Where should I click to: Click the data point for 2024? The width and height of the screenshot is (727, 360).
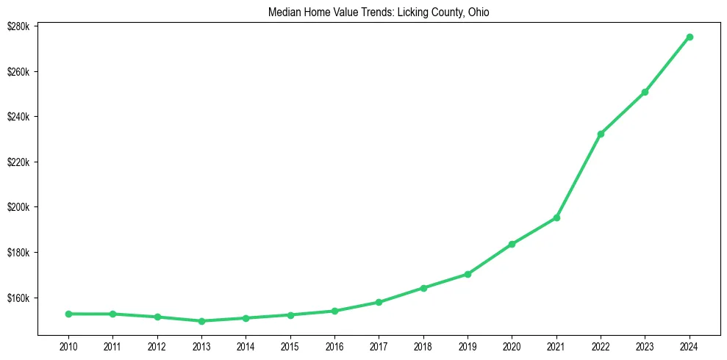pyautogui.click(x=690, y=37)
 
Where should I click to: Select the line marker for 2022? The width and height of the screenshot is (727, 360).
pyautogui.click(x=601, y=134)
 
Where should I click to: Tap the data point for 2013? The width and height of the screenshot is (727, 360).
pyautogui.click(x=201, y=321)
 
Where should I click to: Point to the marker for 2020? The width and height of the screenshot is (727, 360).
pyautogui.click(x=512, y=244)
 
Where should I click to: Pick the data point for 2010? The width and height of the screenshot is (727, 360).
pyautogui.click(x=68, y=314)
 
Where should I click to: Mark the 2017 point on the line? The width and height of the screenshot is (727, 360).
pyautogui.click(x=379, y=302)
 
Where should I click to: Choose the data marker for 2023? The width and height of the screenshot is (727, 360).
pyautogui.click(x=645, y=92)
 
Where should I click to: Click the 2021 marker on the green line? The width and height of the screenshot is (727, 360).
pyautogui.click(x=556, y=217)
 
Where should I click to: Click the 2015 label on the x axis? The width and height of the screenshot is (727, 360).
pyautogui.click(x=290, y=346)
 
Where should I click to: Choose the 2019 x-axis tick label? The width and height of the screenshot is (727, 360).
pyautogui.click(x=468, y=346)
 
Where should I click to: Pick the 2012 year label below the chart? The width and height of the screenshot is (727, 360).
pyautogui.click(x=157, y=346)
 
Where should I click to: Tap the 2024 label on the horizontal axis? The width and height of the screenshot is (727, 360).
pyautogui.click(x=690, y=346)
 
